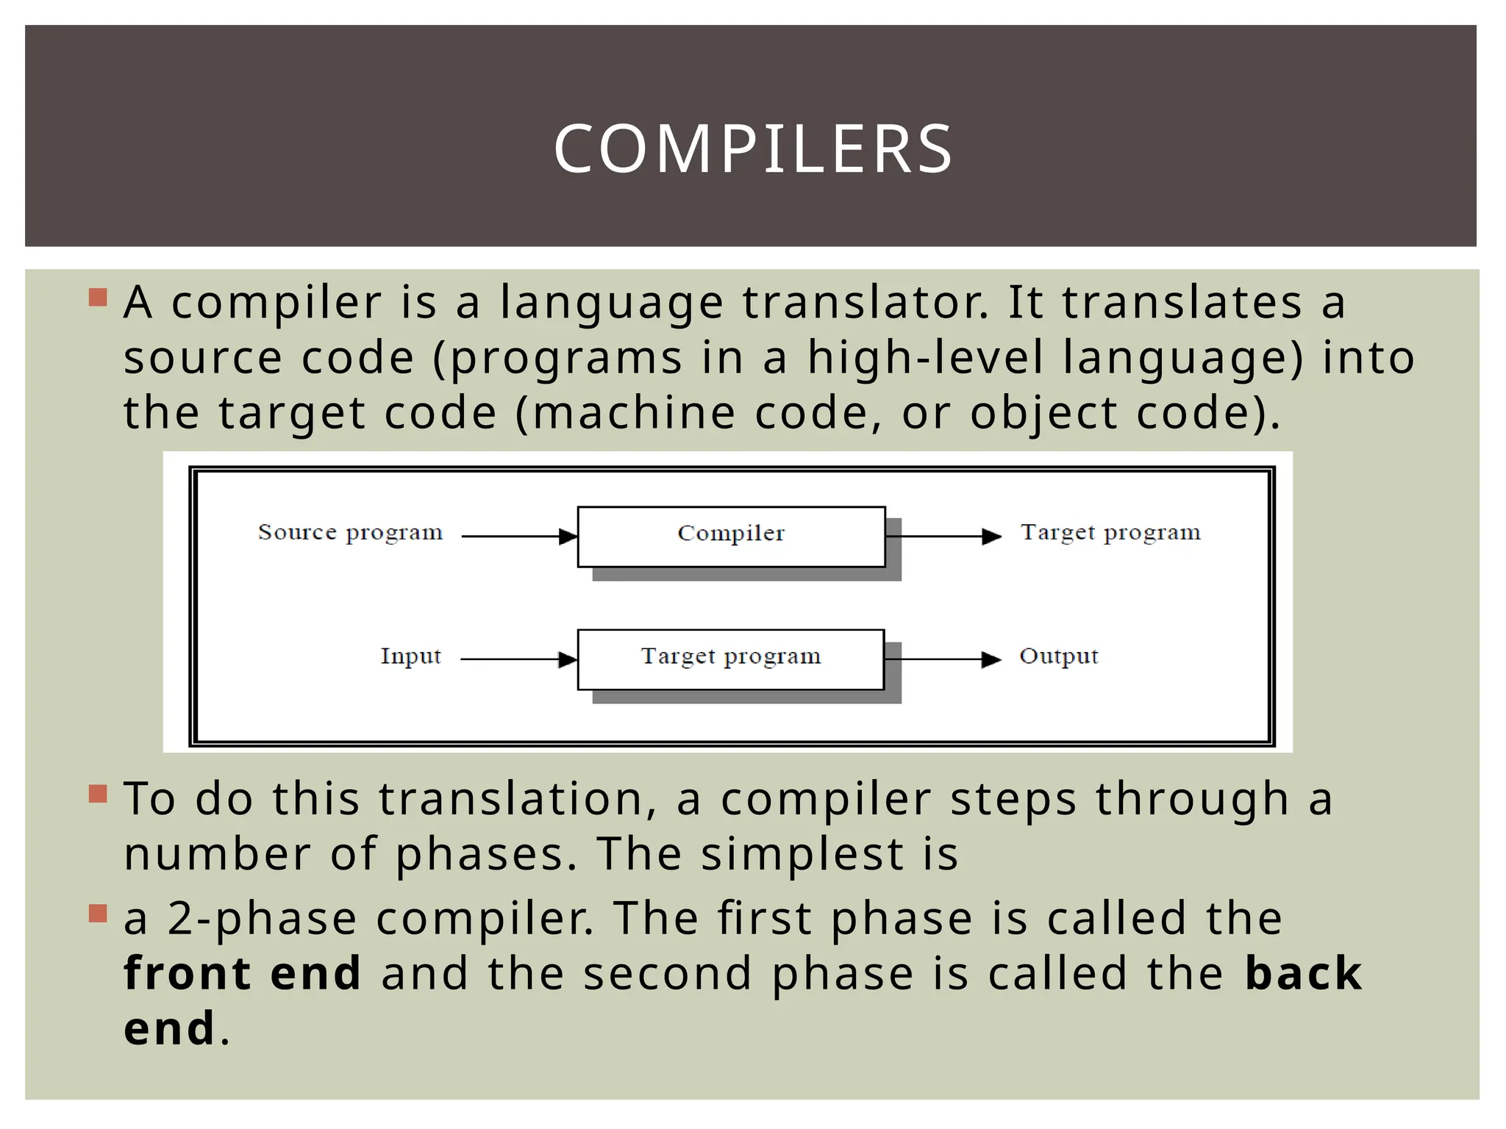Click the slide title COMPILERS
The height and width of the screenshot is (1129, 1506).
click(753, 149)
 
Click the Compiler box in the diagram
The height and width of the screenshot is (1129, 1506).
click(731, 536)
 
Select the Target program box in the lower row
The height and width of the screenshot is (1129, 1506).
click(730, 659)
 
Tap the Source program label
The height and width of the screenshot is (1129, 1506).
click(350, 532)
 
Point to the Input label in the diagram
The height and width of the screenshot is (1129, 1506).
click(410, 656)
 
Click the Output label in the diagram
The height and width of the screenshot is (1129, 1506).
click(1058, 656)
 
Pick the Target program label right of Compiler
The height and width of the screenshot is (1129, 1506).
click(1110, 532)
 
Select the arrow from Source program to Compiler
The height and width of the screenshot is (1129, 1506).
click(519, 537)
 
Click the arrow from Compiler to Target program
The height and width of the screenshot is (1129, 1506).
click(944, 537)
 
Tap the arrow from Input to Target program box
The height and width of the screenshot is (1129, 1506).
click(519, 659)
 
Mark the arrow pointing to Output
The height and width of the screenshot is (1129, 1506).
click(944, 659)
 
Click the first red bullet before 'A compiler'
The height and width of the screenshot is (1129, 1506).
click(98, 298)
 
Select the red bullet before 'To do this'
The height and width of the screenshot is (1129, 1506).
click(98, 794)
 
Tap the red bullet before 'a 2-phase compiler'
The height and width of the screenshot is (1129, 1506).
click(98, 914)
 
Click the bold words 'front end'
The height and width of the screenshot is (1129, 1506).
click(243, 973)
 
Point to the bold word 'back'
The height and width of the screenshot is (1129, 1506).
click(1303, 973)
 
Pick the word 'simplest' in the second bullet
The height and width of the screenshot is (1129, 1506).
click(802, 854)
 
